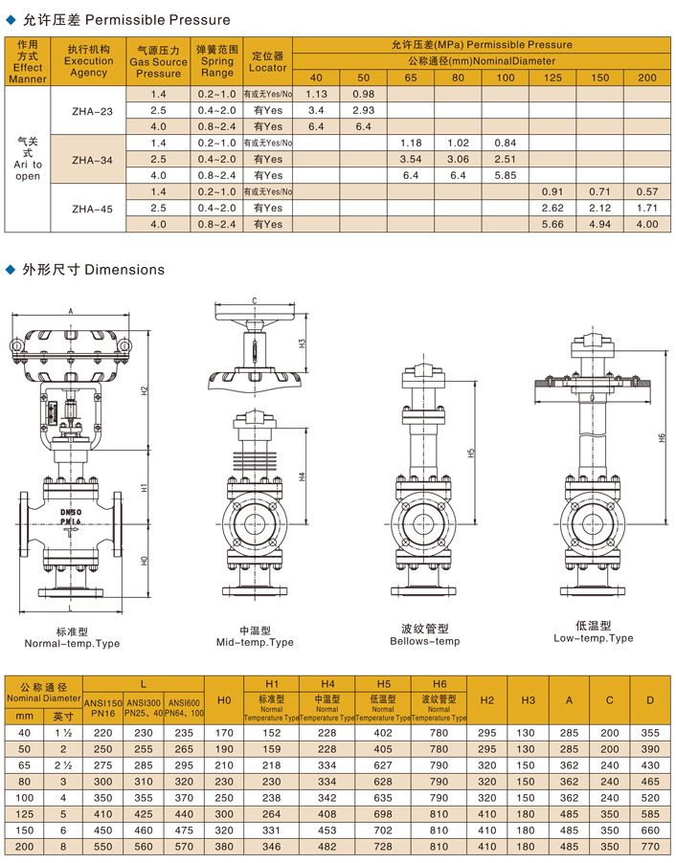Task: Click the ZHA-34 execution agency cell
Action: [92, 160]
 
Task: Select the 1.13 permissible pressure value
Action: [316, 94]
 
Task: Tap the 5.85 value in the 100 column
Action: [506, 176]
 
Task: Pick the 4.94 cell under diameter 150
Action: [600, 224]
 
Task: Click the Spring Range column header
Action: [217, 61]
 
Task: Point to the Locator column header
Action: [268, 61]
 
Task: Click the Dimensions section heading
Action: [85, 270]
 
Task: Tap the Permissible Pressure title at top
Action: [118, 20]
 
